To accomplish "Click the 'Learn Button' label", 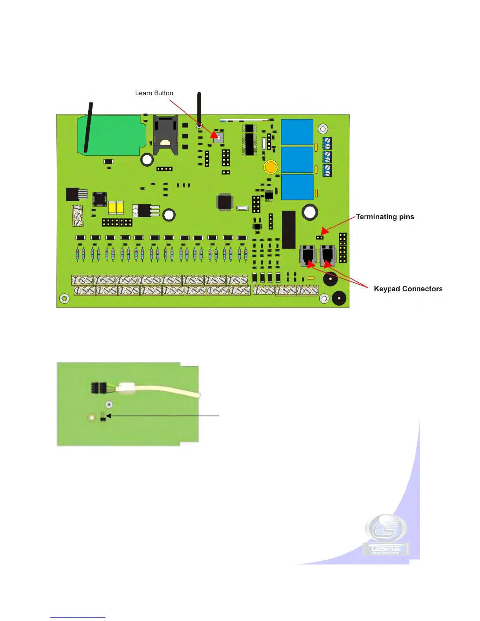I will pos(154,93).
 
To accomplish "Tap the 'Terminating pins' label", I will pos(385,217).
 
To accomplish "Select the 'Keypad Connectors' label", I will pos(408,289).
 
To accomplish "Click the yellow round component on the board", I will pos(271,167).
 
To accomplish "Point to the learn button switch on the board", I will pos(218,138).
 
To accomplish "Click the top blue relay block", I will pos(297,132).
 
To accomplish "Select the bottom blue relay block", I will pos(297,187).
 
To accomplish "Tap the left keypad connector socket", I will pos(308,255).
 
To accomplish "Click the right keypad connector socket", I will pos(327,255).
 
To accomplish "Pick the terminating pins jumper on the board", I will pos(320,237).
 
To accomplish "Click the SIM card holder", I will pos(165,135).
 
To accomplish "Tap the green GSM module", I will pos(112,134).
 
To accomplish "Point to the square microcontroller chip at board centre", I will pos(225,202).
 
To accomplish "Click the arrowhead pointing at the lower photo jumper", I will pos(109,416).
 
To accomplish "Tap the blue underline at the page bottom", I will pos(78,617).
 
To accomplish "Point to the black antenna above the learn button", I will pos(199,108).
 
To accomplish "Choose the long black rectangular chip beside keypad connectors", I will pos(289,230).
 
